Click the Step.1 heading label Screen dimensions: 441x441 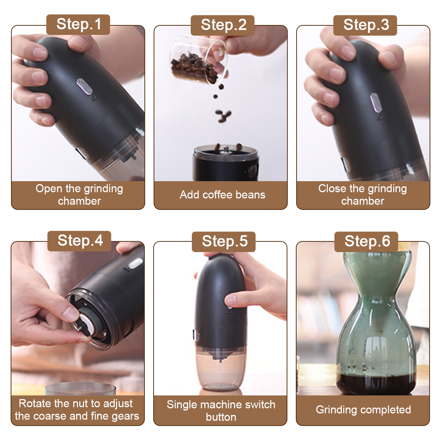(x=78, y=24)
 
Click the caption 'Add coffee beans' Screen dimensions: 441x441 (x=222, y=195)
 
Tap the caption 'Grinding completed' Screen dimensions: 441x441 (x=363, y=410)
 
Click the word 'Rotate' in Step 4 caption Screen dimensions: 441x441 (x=35, y=404)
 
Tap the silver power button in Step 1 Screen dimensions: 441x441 (x=85, y=86)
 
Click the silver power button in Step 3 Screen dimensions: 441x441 (x=376, y=103)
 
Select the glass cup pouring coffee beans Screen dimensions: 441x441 (x=200, y=60)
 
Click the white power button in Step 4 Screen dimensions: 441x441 (x=135, y=263)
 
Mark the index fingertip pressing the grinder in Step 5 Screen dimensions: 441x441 (x=230, y=301)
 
